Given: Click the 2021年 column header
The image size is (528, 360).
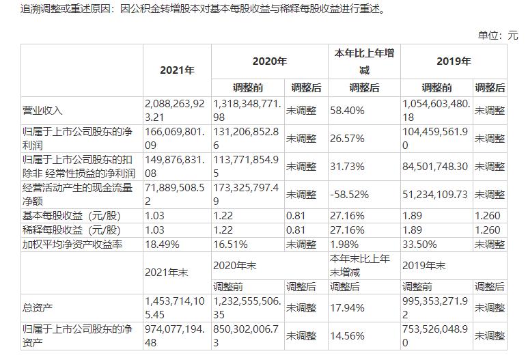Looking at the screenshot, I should (x=177, y=70).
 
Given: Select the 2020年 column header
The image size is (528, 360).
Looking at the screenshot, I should (x=270, y=61).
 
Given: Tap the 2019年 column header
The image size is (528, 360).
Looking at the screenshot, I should (x=454, y=61).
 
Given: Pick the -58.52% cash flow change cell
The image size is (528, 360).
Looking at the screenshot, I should (x=347, y=195).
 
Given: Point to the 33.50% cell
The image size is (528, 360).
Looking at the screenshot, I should (x=419, y=244).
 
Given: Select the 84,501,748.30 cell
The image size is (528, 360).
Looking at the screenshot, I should (x=435, y=167).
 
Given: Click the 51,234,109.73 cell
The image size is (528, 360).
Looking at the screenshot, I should (x=435, y=195).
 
